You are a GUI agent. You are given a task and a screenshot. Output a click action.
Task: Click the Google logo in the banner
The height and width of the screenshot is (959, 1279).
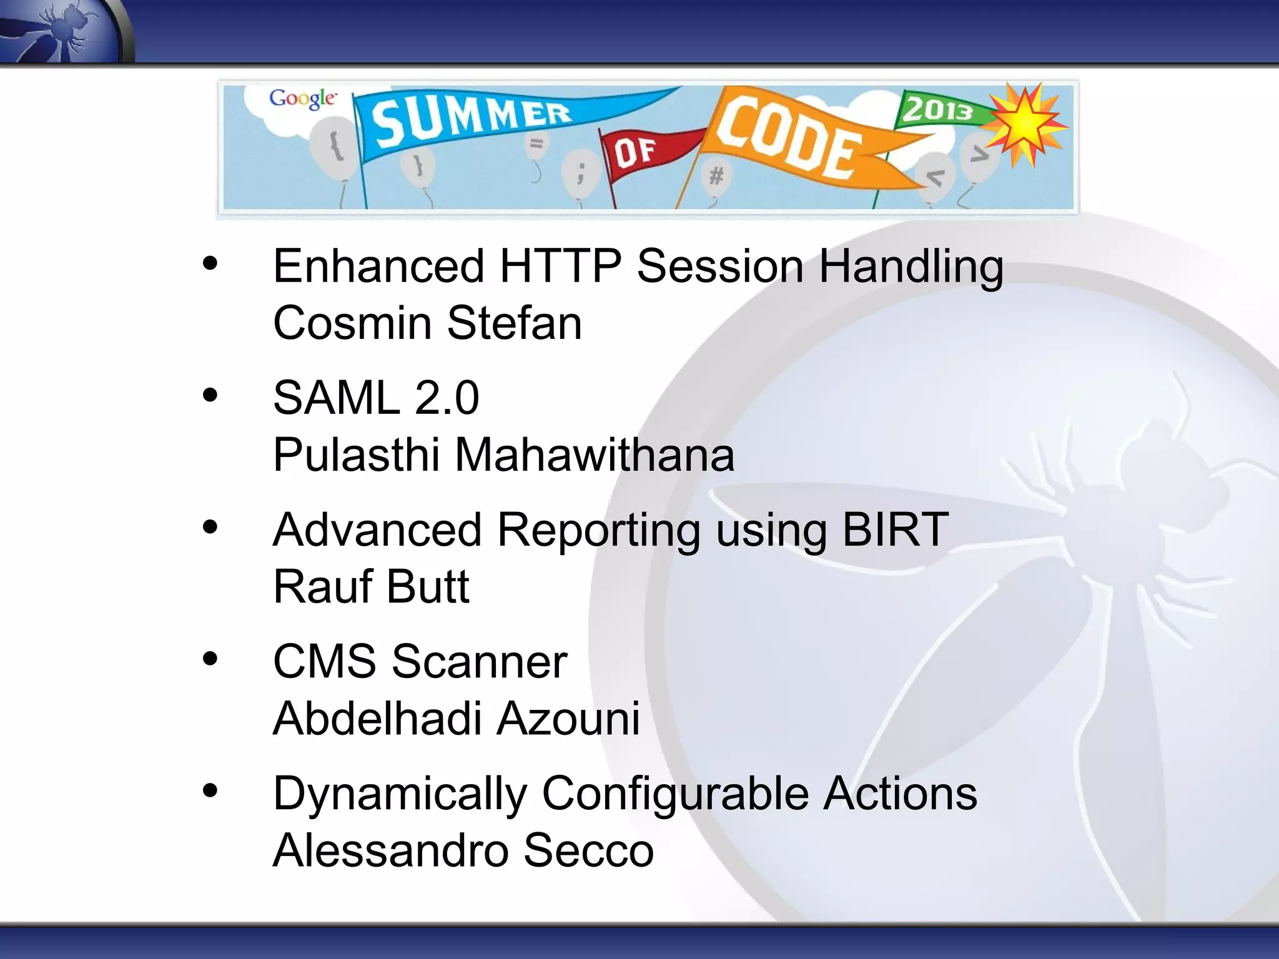click(303, 99)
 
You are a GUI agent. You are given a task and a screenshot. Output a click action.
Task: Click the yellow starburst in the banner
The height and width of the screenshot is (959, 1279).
click(1025, 124)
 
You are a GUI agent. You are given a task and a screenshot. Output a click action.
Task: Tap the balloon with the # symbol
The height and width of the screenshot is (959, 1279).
click(716, 175)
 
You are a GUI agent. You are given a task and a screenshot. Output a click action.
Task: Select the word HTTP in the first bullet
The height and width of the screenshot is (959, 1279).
click(560, 267)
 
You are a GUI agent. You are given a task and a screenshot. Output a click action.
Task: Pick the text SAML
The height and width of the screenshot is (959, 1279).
click(336, 398)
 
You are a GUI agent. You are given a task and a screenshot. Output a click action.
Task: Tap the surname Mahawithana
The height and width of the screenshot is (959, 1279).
click(594, 455)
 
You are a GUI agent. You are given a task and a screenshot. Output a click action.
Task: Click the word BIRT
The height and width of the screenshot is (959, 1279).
click(895, 530)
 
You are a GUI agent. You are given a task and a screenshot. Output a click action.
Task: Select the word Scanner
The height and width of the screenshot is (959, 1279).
click(479, 662)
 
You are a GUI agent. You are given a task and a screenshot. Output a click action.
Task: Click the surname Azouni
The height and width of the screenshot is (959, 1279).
click(568, 719)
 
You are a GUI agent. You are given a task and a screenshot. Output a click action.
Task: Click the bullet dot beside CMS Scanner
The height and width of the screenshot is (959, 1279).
click(210, 659)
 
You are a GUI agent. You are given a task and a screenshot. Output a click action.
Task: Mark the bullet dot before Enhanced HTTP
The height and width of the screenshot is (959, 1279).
click(210, 263)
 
